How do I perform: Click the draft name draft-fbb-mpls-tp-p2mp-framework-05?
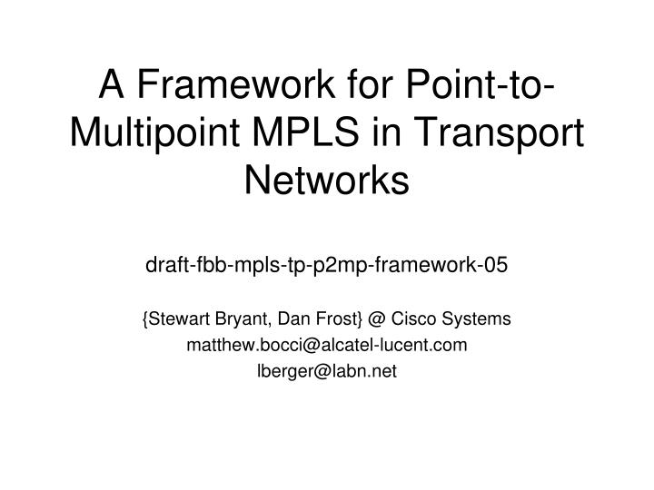pyautogui.click(x=327, y=265)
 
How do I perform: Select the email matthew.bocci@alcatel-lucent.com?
pyautogui.click(x=327, y=345)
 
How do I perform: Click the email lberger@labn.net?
pyautogui.click(x=327, y=370)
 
